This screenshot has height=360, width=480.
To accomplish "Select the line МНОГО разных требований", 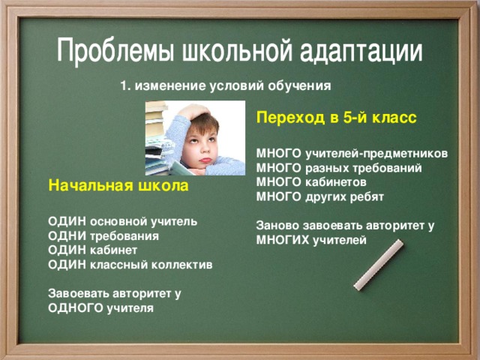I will (x=338, y=169).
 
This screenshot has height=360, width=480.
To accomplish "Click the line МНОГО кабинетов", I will (x=311, y=182).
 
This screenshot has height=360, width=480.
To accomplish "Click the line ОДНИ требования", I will (x=103, y=236).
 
